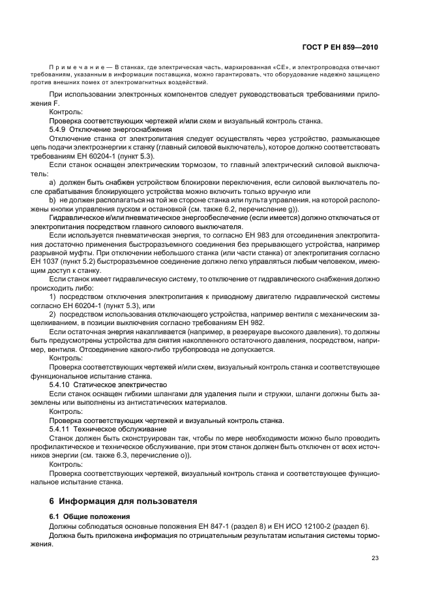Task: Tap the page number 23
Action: coord(374,557)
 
